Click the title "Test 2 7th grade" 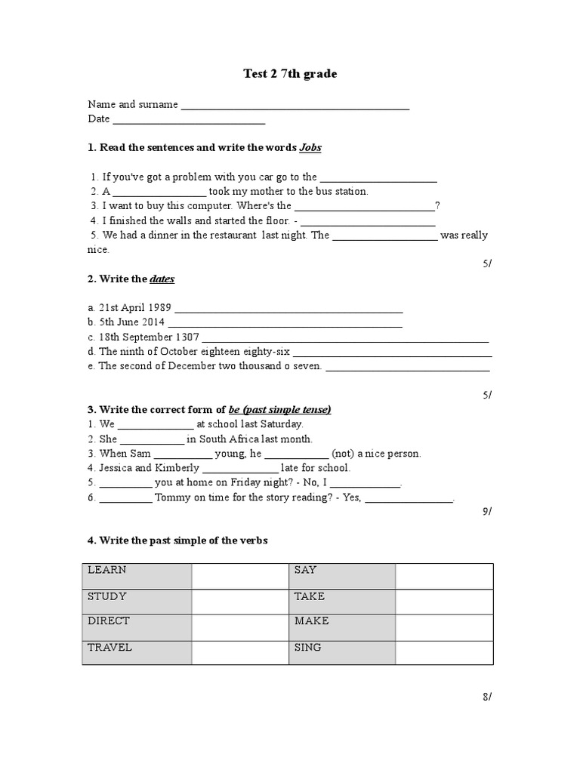click(290, 74)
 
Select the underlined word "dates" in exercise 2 click(162, 279)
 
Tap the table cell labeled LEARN click(137, 575)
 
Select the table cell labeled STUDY click(137, 602)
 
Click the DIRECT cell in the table click(137, 627)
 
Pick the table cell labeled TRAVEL click(137, 652)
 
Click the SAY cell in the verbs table click(342, 575)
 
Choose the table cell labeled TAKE click(342, 602)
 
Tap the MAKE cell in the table click(342, 627)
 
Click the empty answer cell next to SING click(444, 652)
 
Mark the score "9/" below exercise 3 click(486, 512)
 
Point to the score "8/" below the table click(486, 698)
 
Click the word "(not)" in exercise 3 click(344, 454)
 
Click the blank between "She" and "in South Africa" click(152, 439)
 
